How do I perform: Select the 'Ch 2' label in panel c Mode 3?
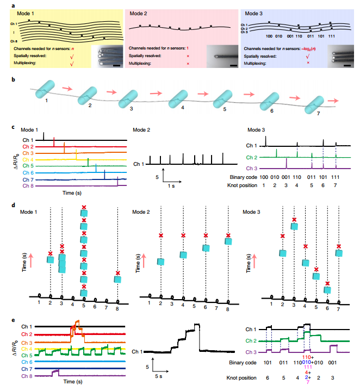pyautogui.click(x=251, y=158)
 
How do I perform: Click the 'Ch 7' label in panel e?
pyautogui.click(x=26, y=369)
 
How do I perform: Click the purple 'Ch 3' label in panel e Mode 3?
pyautogui.click(x=251, y=353)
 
